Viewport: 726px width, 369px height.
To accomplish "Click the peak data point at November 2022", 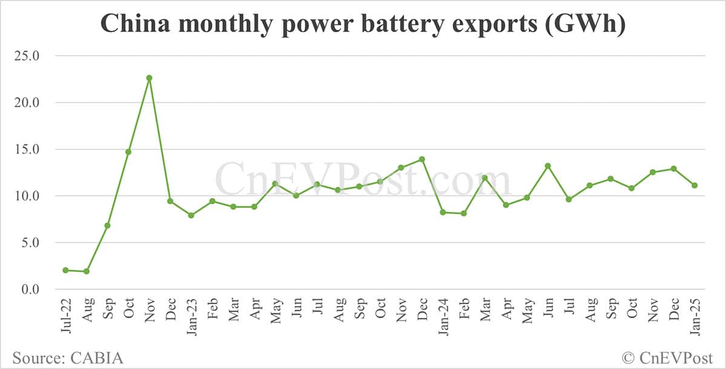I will coord(149,78).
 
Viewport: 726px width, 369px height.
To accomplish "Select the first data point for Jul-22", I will coord(65,270).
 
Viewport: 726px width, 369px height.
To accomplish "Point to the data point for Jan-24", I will coord(443,212).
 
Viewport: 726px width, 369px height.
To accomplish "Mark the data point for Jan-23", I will coord(191,215).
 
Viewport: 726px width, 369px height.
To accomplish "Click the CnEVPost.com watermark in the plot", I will coord(363,180).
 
